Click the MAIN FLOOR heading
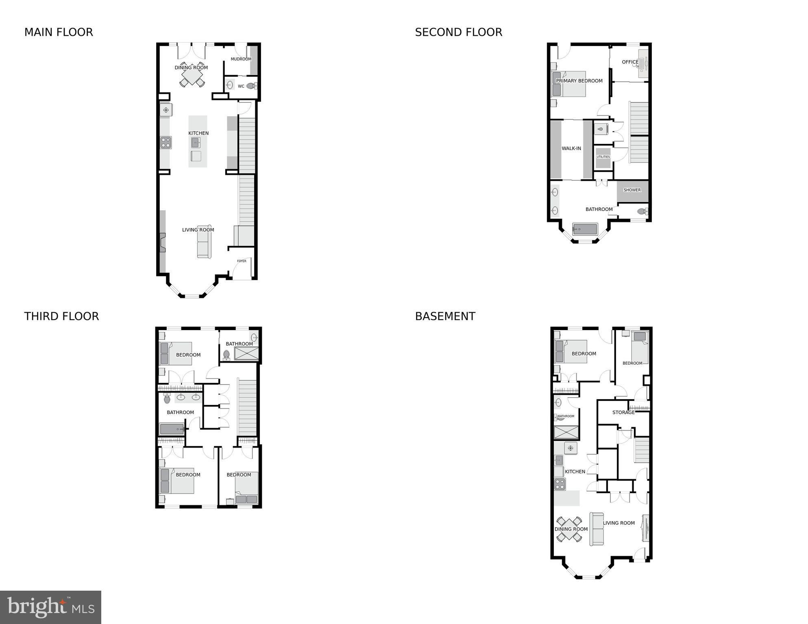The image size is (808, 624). tap(59, 32)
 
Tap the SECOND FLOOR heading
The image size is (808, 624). tap(458, 32)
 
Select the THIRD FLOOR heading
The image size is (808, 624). tap(61, 316)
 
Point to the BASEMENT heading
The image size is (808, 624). tap(445, 316)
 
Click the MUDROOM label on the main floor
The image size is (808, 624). tap(241, 59)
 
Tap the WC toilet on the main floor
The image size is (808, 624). tap(252, 86)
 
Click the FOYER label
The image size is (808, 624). tap(242, 261)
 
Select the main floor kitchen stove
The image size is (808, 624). tap(166, 143)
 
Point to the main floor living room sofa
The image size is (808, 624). tap(204, 241)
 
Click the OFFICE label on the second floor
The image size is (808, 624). tap(630, 62)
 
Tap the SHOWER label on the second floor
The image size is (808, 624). tap(632, 190)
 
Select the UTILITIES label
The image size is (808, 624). tap(603, 157)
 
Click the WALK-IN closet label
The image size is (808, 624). tap(571, 148)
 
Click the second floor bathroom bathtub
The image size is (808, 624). tap(585, 229)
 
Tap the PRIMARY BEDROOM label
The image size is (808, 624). tap(579, 81)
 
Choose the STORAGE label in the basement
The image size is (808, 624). tap(623, 412)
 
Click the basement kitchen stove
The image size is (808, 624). tap(560, 484)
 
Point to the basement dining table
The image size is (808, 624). tap(569, 529)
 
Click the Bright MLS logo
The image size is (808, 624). tap(50, 607)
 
